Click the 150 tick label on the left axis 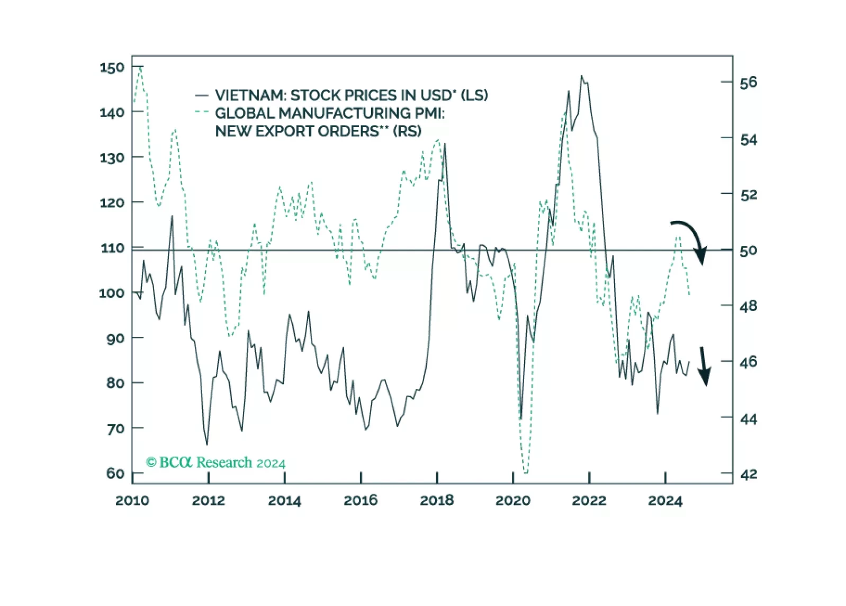[112, 68]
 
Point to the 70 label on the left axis [115, 428]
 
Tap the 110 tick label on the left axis [112, 247]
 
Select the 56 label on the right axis [748, 83]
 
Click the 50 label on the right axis [748, 250]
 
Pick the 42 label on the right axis [748, 474]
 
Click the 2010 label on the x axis [132, 501]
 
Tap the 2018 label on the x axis [437, 501]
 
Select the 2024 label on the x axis [665, 501]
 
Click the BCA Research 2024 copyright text [215, 462]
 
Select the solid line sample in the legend [202, 96]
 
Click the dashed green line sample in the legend [202, 112]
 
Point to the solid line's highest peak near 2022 [581, 76]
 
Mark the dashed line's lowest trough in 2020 [525, 472]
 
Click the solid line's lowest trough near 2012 [207, 444]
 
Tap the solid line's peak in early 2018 [445, 144]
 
